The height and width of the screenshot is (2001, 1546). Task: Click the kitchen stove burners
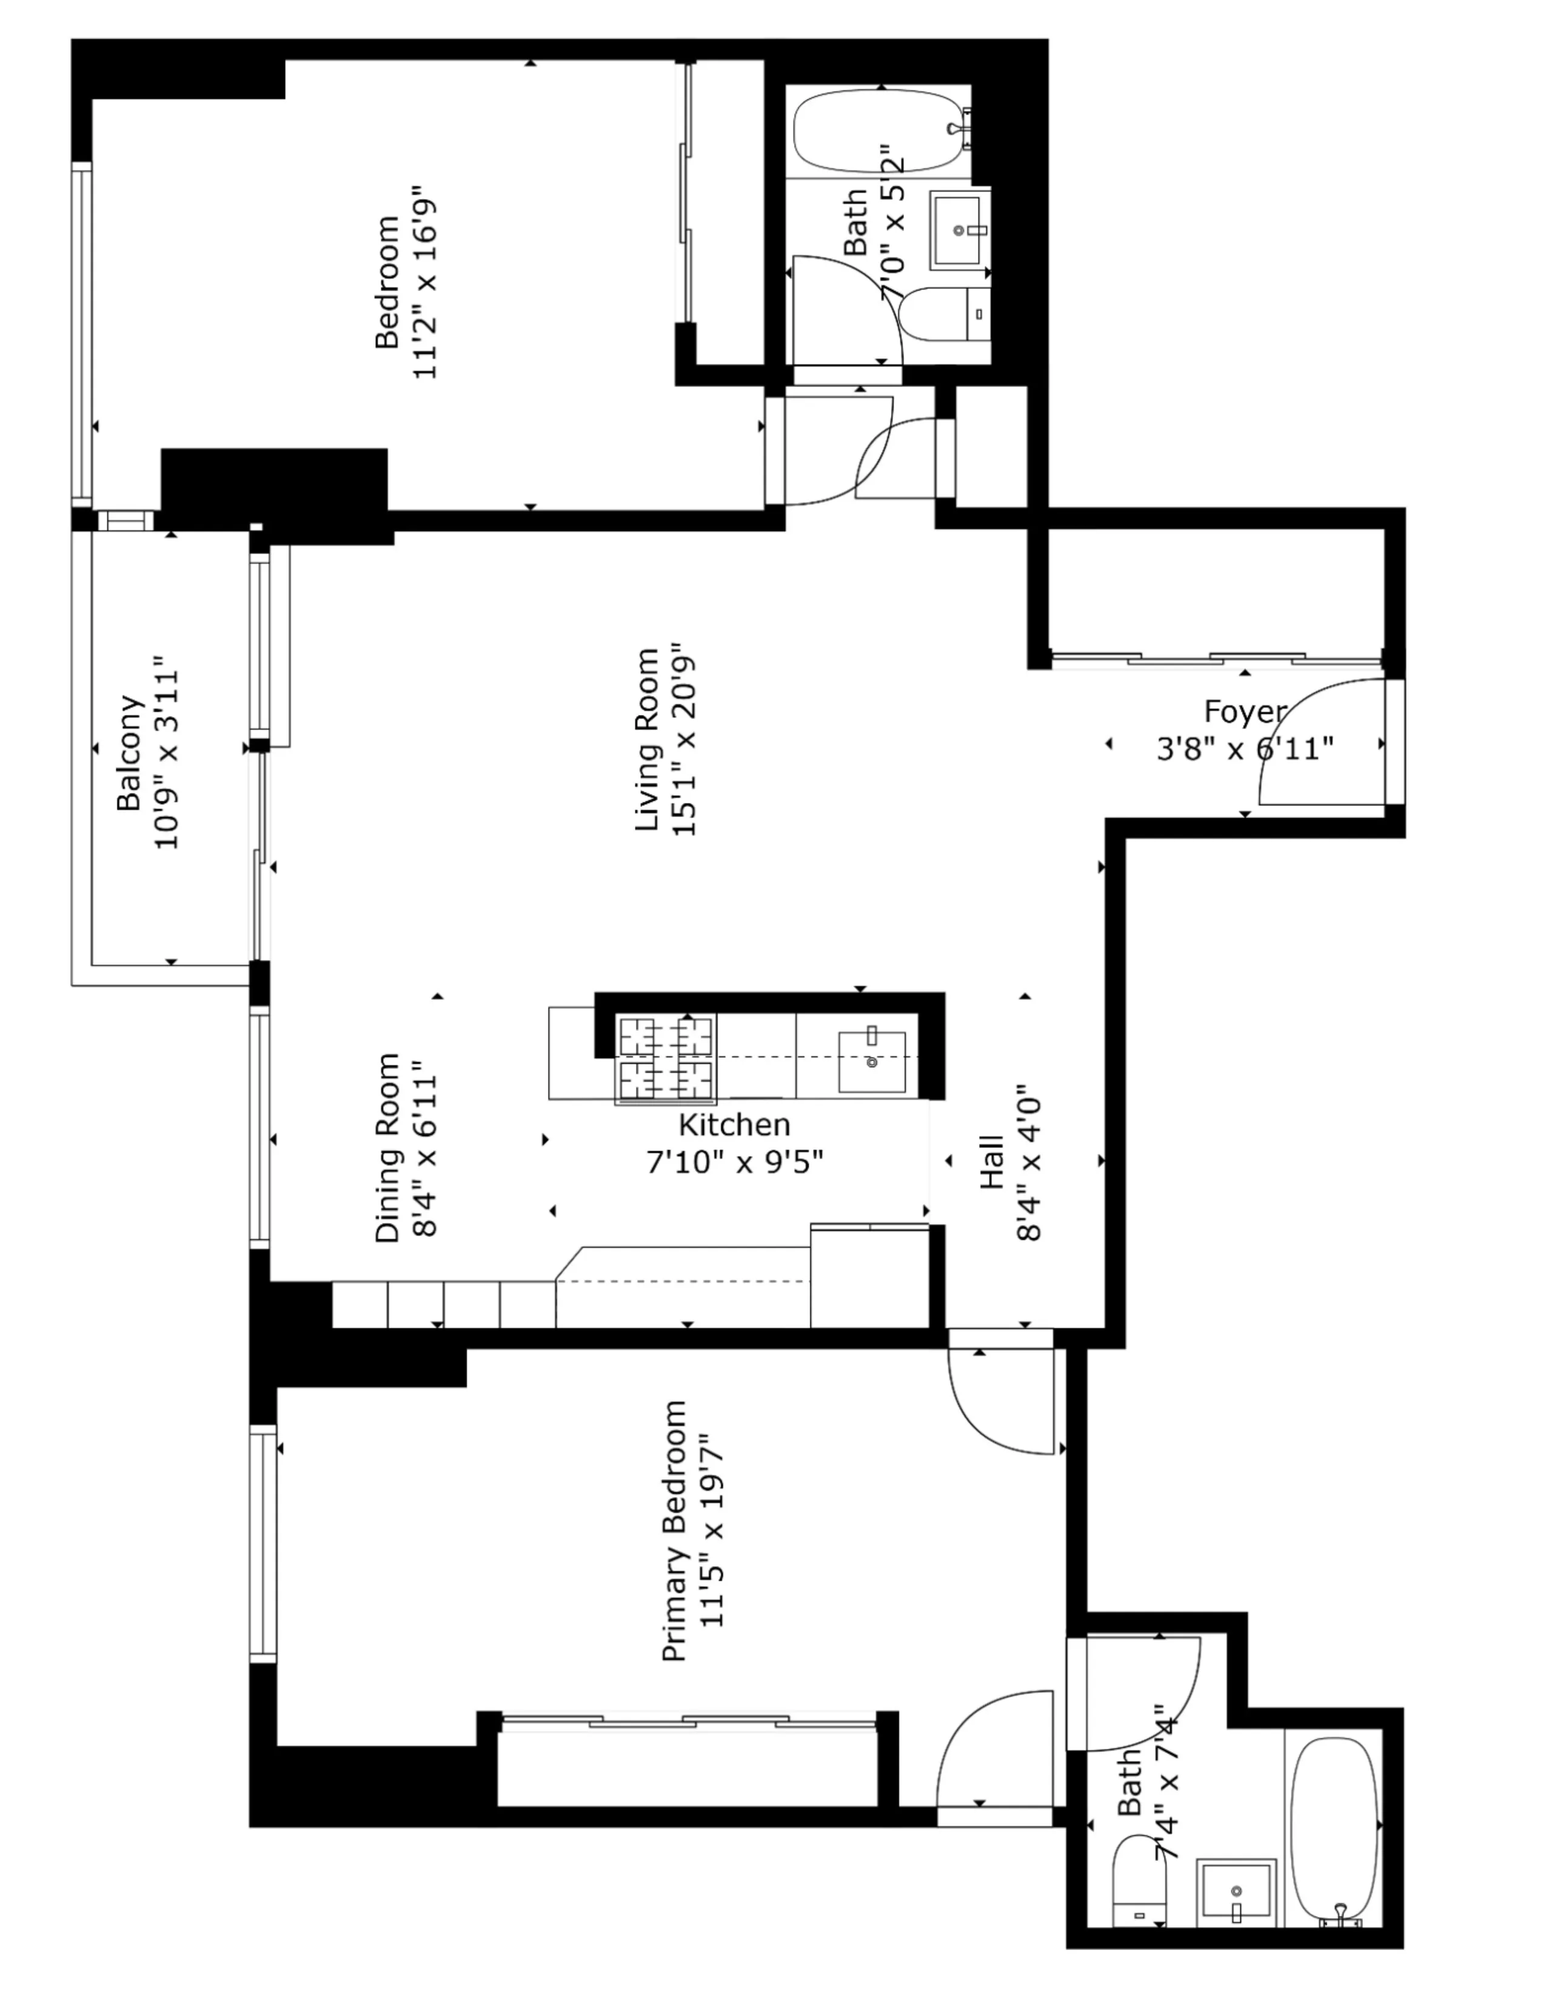(x=666, y=1058)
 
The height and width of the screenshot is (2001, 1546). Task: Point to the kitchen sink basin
(x=872, y=1062)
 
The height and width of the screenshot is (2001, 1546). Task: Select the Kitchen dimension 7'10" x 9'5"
(x=735, y=1162)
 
